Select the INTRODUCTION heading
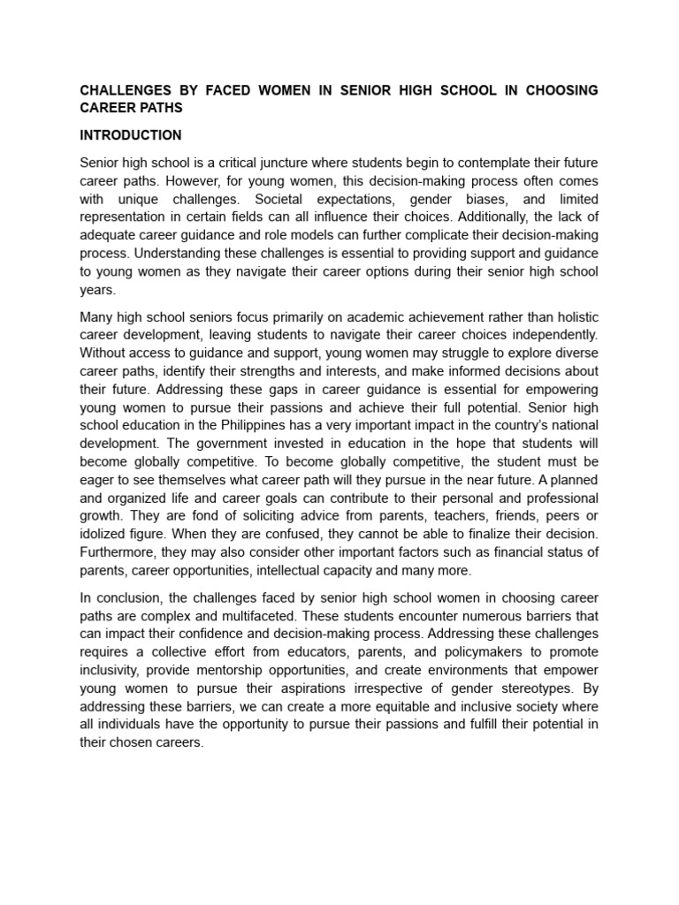click(x=131, y=135)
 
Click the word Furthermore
click(x=118, y=552)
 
